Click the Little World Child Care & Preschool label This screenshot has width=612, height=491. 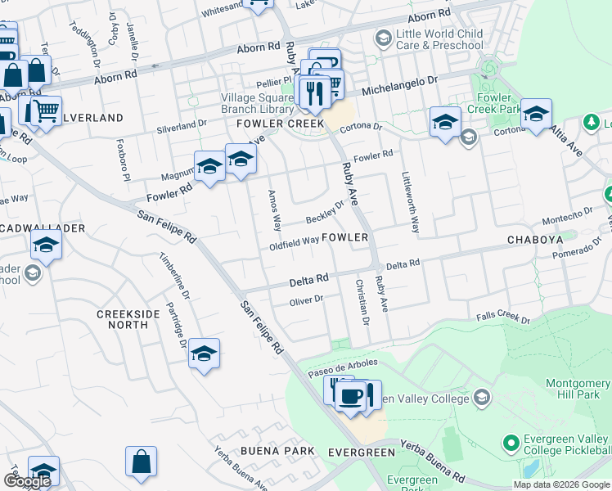pyautogui.click(x=439, y=38)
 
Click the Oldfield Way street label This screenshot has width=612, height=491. pyautogui.click(x=294, y=243)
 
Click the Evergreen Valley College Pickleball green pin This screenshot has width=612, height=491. pyautogui.click(x=511, y=444)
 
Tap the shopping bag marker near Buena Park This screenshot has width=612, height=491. pyautogui.click(x=141, y=460)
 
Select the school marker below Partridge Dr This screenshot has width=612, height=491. pyautogui.click(x=204, y=354)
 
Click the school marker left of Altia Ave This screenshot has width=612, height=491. pyautogui.click(x=536, y=113)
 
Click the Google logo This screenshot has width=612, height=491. pyautogui.click(x=27, y=481)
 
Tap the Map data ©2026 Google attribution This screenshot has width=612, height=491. pyautogui.click(x=561, y=484)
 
